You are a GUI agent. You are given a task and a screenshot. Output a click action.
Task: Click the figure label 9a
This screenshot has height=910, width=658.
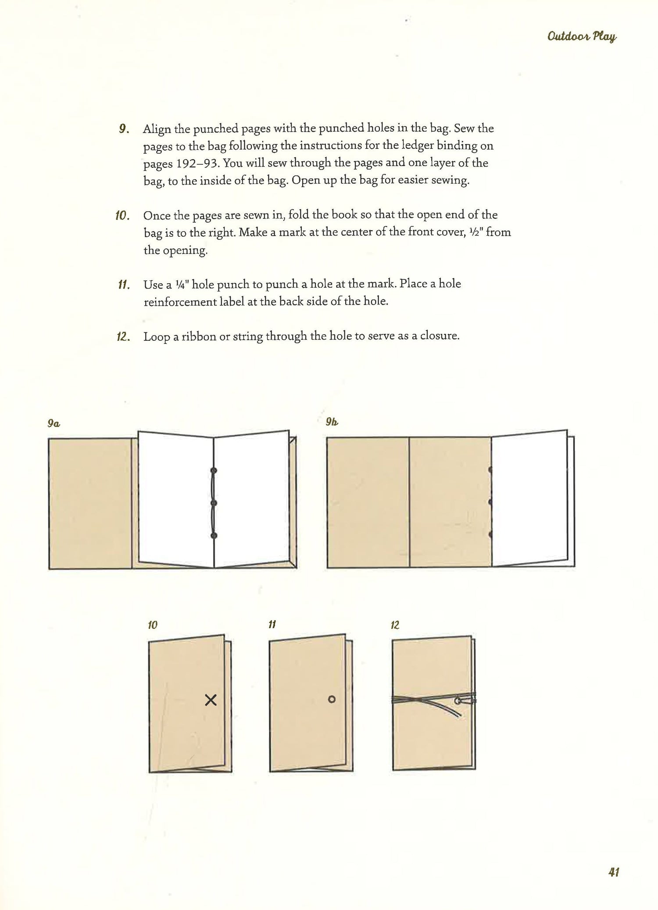tap(54, 423)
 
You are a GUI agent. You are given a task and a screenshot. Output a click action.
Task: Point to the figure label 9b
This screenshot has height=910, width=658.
tap(332, 422)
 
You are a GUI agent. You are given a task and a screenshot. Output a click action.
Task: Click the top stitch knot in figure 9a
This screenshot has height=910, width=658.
tap(214, 470)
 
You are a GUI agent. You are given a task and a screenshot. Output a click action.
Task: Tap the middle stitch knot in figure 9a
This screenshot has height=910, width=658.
tap(214, 503)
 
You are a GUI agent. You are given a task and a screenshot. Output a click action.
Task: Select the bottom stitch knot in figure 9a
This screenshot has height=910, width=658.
tap(214, 535)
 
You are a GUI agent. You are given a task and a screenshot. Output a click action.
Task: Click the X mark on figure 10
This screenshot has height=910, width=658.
tap(211, 700)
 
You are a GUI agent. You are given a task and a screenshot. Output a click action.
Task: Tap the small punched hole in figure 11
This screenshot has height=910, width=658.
tap(332, 699)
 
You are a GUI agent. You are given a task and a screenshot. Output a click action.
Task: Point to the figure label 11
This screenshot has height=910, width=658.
tap(272, 625)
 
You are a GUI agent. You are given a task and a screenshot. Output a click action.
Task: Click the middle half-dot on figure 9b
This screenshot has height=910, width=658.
tap(490, 502)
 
